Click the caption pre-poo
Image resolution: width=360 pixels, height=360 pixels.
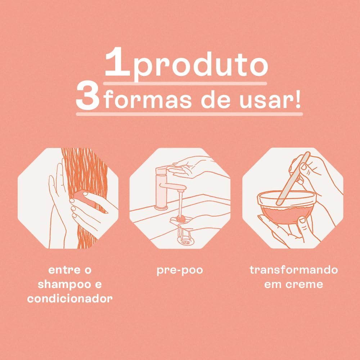pyautogui.click(x=180, y=270)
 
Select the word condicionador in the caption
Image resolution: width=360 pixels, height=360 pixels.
pyautogui.click(x=70, y=298)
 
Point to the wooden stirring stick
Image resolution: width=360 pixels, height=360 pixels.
pyautogui.click(x=293, y=179)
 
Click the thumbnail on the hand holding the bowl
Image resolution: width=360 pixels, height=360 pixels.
pyautogui.click(x=302, y=221)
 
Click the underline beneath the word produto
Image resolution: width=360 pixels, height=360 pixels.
pyautogui.click(x=185, y=84)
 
